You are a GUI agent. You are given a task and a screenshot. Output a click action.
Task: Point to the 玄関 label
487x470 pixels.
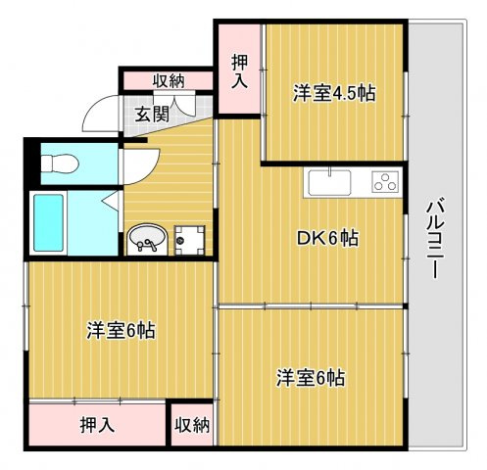click(151, 114)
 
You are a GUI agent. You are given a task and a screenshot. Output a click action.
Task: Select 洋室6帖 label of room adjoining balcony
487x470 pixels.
click(310, 377)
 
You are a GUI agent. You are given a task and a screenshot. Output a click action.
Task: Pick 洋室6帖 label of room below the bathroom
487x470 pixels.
click(117, 330)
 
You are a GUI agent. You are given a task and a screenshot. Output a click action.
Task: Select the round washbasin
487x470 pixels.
click(147, 237)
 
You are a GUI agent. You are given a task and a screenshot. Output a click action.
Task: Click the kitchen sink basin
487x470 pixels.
click(328, 182)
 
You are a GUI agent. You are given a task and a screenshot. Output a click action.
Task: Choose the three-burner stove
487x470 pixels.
click(383, 181)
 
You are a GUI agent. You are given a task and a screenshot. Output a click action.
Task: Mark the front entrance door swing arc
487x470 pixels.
click(98, 117)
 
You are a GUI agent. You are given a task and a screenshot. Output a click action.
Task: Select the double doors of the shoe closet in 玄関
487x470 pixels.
click(186, 104)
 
